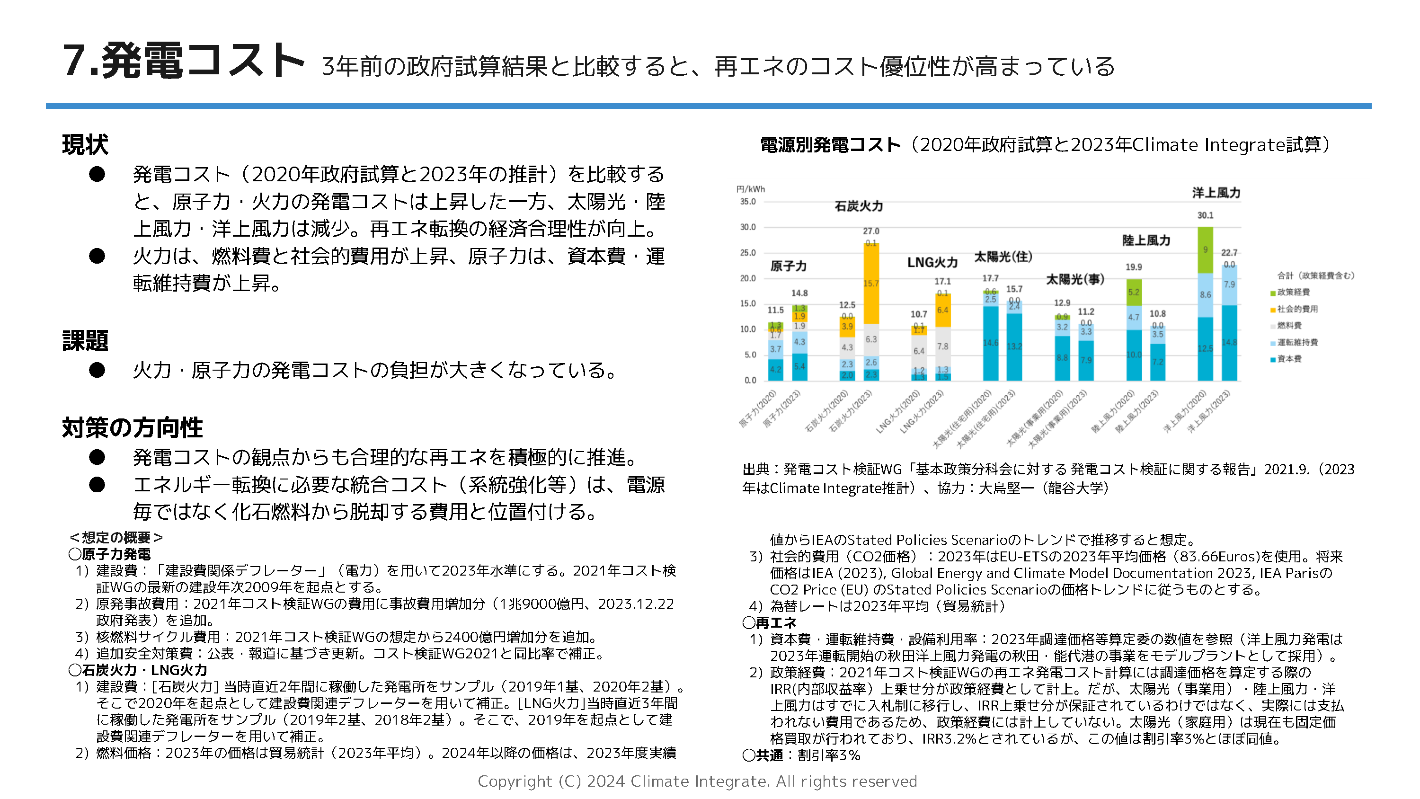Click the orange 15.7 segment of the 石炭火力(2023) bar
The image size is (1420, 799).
click(x=870, y=284)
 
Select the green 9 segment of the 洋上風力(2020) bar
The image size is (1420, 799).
click(x=1205, y=250)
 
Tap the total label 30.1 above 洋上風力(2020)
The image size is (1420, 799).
click(x=1205, y=215)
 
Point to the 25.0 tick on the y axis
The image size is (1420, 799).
click(x=747, y=253)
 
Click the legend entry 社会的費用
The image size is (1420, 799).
click(x=1297, y=309)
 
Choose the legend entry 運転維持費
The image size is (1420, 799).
click(x=1297, y=342)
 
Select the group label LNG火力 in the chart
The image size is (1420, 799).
click(x=932, y=263)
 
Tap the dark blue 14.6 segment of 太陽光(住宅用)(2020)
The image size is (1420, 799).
click(x=990, y=342)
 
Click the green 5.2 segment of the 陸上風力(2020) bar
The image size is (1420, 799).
click(x=1133, y=292)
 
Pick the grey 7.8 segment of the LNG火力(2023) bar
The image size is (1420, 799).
click(x=942, y=346)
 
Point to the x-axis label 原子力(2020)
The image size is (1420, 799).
click(x=758, y=408)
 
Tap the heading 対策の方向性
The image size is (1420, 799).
click(x=133, y=427)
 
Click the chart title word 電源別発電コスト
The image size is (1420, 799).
click(x=830, y=145)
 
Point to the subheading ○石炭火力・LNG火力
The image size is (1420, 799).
click(x=138, y=670)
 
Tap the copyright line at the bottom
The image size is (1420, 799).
click(x=697, y=781)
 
